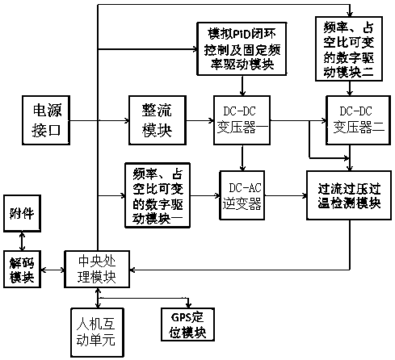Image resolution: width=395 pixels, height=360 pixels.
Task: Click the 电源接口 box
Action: tap(46, 120)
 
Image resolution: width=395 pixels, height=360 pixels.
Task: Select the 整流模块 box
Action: tap(158, 120)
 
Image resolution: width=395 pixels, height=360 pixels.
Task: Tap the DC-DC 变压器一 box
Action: tap(242, 120)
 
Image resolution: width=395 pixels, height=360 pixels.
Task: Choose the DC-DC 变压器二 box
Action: tap(358, 120)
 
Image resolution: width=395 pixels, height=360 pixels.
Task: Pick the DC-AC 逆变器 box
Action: tap(242, 195)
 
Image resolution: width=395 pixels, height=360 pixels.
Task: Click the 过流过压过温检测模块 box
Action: tap(349, 195)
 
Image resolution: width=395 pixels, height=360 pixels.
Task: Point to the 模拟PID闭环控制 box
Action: tap(242, 48)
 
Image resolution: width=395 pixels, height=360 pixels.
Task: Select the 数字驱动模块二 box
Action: tap(349, 48)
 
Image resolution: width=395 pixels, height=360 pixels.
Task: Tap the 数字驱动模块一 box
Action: tap(158, 195)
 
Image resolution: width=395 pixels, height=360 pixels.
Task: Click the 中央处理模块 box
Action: tap(97, 270)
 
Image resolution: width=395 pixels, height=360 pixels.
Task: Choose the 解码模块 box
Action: tap(22, 270)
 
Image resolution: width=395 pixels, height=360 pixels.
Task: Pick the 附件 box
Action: tap(22, 213)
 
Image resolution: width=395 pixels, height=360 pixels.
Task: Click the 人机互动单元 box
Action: tap(97, 333)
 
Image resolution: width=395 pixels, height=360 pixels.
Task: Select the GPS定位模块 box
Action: tap(187, 324)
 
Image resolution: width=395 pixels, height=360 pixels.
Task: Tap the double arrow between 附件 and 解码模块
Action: tap(22, 241)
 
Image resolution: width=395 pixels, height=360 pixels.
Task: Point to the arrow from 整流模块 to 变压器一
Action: tap(200, 120)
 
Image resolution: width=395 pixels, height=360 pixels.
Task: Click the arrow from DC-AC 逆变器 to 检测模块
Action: tap(286, 195)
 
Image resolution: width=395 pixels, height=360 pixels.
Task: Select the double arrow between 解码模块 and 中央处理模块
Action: tap(53, 270)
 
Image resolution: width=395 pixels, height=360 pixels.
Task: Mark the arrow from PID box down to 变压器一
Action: tap(242, 86)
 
